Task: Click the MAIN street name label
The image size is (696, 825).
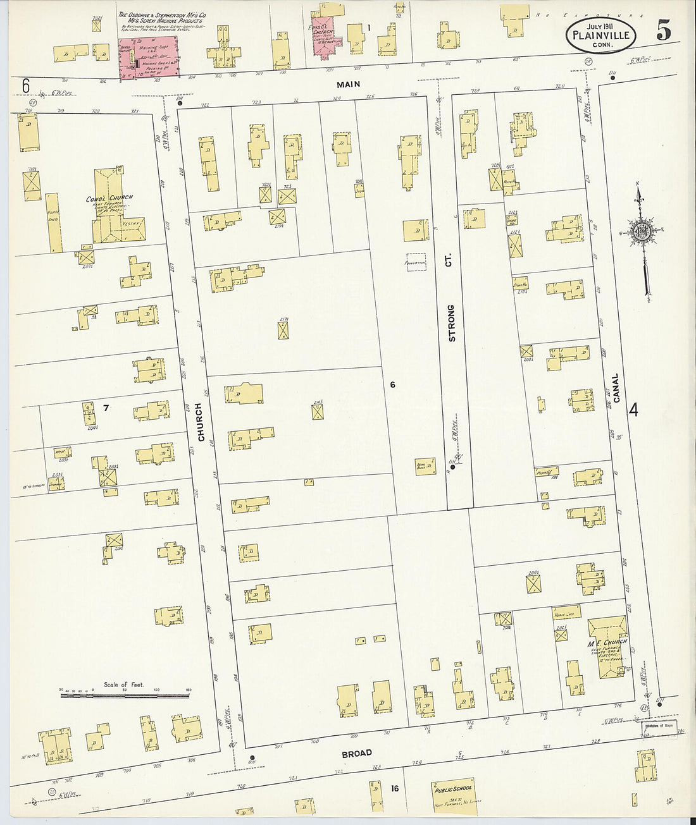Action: pos(348,84)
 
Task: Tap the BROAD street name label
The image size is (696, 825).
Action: pos(357,753)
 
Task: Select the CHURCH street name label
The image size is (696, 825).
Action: pos(201,422)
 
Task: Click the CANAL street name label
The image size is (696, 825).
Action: pos(615,388)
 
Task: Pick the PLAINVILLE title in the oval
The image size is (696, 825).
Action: pos(600,35)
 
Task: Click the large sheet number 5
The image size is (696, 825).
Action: pos(663,30)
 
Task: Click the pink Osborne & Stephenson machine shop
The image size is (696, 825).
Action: pos(149,58)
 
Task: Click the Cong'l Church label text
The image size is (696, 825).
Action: pos(109,199)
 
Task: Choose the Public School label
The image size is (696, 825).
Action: pos(453,788)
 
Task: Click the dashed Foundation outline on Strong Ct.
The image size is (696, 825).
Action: pos(416,262)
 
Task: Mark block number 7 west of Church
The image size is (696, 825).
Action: pos(106,408)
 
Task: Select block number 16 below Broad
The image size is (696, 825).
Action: pos(394,788)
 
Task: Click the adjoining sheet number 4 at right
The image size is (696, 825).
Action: pos(633,410)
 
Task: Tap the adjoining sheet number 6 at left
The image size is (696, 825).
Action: pos(25,85)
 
